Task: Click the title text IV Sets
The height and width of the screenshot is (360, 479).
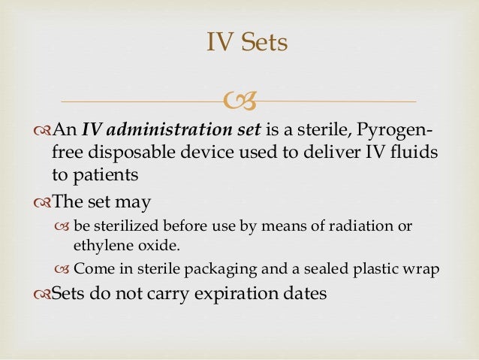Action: (x=247, y=42)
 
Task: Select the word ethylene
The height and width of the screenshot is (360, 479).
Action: (x=99, y=244)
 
